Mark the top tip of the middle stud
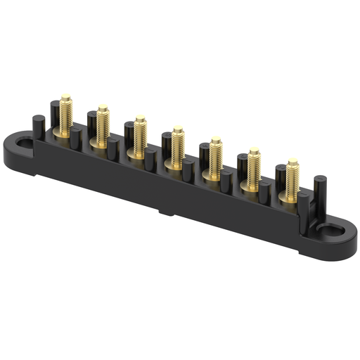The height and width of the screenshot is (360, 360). pos(178,129)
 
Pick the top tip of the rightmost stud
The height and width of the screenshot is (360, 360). pos(292,162)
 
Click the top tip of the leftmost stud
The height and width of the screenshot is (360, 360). pos(65,96)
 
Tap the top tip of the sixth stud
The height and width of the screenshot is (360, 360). pos(254,150)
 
